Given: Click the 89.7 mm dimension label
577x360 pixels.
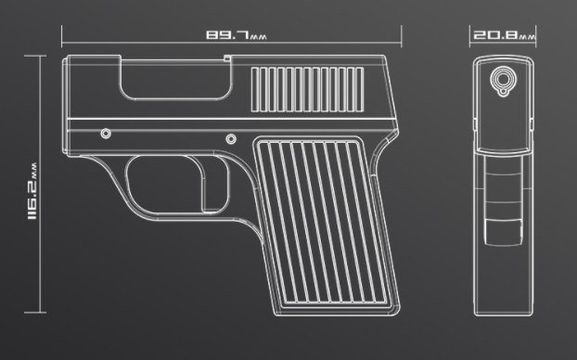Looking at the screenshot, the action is [237, 35].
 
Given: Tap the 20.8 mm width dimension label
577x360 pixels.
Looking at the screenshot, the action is [504, 35].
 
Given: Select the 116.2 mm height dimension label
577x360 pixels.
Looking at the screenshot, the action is [32, 191].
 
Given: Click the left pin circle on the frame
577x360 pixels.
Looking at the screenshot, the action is [106, 134].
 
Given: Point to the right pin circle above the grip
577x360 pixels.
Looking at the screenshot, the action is [231, 139].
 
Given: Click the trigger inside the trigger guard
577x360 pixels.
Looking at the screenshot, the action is [213, 184].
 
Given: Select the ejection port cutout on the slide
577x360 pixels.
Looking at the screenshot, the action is [176, 78].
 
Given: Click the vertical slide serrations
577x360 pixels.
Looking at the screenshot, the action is [308, 89].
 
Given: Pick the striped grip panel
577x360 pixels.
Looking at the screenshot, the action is [326, 225].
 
